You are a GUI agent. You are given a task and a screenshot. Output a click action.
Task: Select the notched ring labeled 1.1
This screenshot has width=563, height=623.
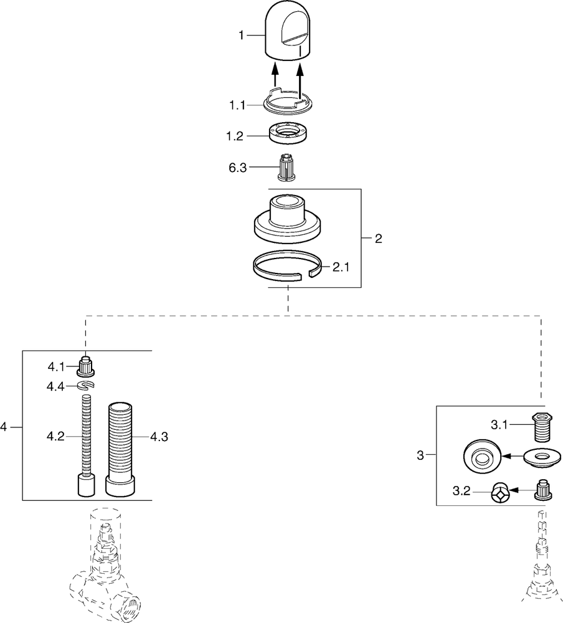[x=288, y=102]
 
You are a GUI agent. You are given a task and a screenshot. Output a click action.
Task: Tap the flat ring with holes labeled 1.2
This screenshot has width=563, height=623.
[x=289, y=133]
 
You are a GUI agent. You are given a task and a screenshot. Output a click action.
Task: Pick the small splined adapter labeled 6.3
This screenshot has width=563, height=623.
[x=287, y=167]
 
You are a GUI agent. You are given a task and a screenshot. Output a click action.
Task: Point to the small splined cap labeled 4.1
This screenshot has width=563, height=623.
[x=85, y=367]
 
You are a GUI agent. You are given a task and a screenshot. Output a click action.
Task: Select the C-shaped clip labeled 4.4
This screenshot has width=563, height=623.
[x=86, y=385]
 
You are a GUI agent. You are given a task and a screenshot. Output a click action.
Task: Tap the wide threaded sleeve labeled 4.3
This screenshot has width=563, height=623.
[x=120, y=449]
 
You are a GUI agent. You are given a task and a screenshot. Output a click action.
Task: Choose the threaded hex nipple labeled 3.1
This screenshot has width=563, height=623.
[x=542, y=427]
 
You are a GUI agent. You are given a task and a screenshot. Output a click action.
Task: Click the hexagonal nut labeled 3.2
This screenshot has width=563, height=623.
[x=501, y=492]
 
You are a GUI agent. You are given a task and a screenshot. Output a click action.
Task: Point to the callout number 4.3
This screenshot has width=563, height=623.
[x=159, y=437]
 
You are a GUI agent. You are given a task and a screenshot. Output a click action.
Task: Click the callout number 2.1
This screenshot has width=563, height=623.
[x=341, y=267]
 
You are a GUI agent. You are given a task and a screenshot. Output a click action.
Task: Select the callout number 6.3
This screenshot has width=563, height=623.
[x=238, y=168]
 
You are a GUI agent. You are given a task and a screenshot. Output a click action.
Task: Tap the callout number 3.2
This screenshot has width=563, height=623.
[x=461, y=492]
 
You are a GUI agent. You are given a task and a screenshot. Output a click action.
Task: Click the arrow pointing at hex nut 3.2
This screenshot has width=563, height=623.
[x=523, y=491]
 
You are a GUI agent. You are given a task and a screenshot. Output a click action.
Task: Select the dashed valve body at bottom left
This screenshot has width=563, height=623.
[x=105, y=564]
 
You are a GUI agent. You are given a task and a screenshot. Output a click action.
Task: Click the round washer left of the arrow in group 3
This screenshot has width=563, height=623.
[x=481, y=456]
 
